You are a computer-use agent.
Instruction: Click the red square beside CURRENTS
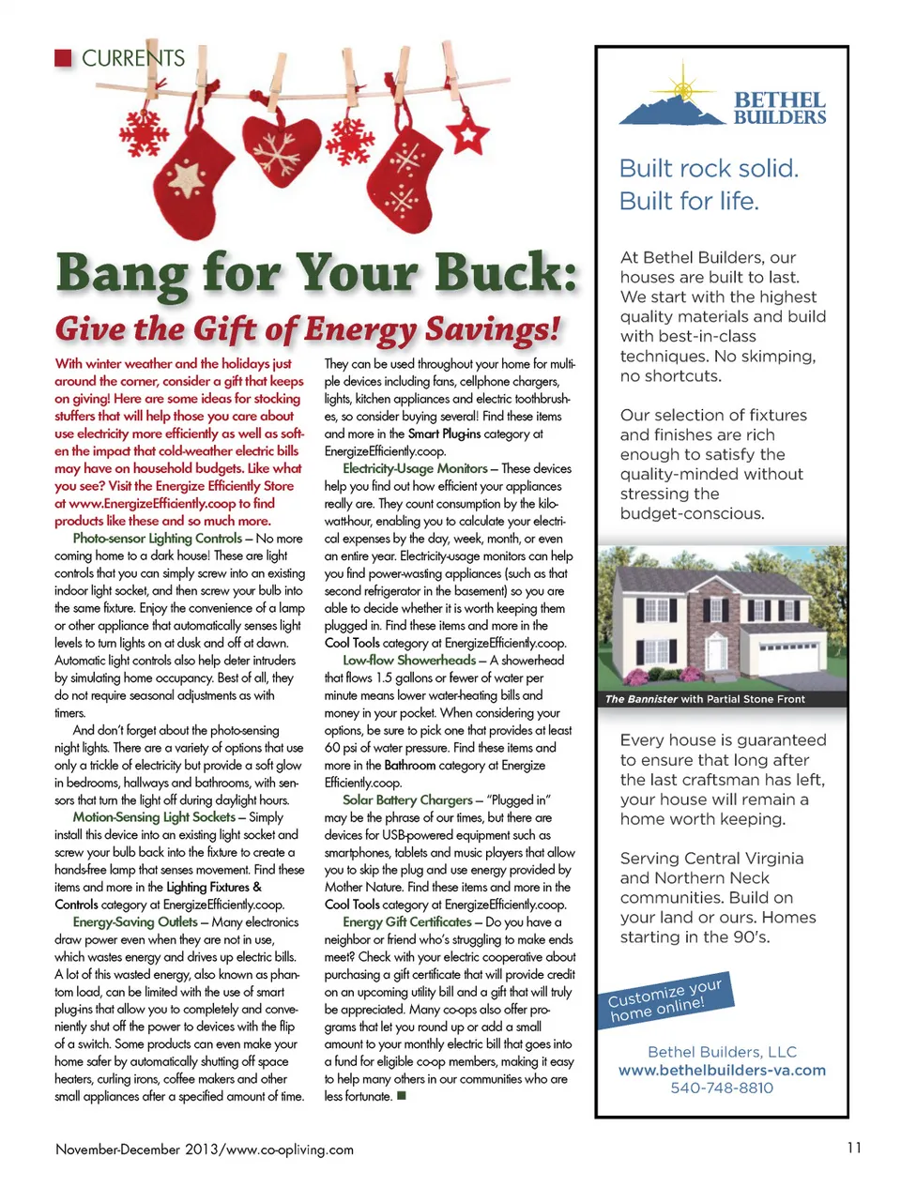pyautogui.click(x=64, y=58)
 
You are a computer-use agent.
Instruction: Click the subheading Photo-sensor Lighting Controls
pyautogui.click(x=158, y=539)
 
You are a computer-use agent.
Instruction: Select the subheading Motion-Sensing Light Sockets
pyautogui.click(x=154, y=817)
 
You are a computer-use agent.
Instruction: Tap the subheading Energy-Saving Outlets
pyautogui.click(x=135, y=922)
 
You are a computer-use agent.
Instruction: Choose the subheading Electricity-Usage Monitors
pyautogui.click(x=415, y=468)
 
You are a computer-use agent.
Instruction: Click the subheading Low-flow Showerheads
pyautogui.click(x=409, y=661)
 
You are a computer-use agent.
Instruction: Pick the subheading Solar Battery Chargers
pyautogui.click(x=407, y=800)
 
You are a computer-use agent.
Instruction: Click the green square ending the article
pyautogui.click(x=402, y=1096)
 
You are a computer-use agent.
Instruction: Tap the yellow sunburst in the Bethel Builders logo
pyautogui.click(x=681, y=89)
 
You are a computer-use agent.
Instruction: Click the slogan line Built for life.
pyautogui.click(x=689, y=202)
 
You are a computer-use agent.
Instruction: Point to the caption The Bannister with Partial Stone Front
pyautogui.click(x=705, y=699)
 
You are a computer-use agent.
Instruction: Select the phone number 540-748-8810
pyautogui.click(x=722, y=1088)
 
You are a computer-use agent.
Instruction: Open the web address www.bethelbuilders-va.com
pyautogui.click(x=722, y=1071)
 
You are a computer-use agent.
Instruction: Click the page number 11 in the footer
pyautogui.click(x=853, y=1148)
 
